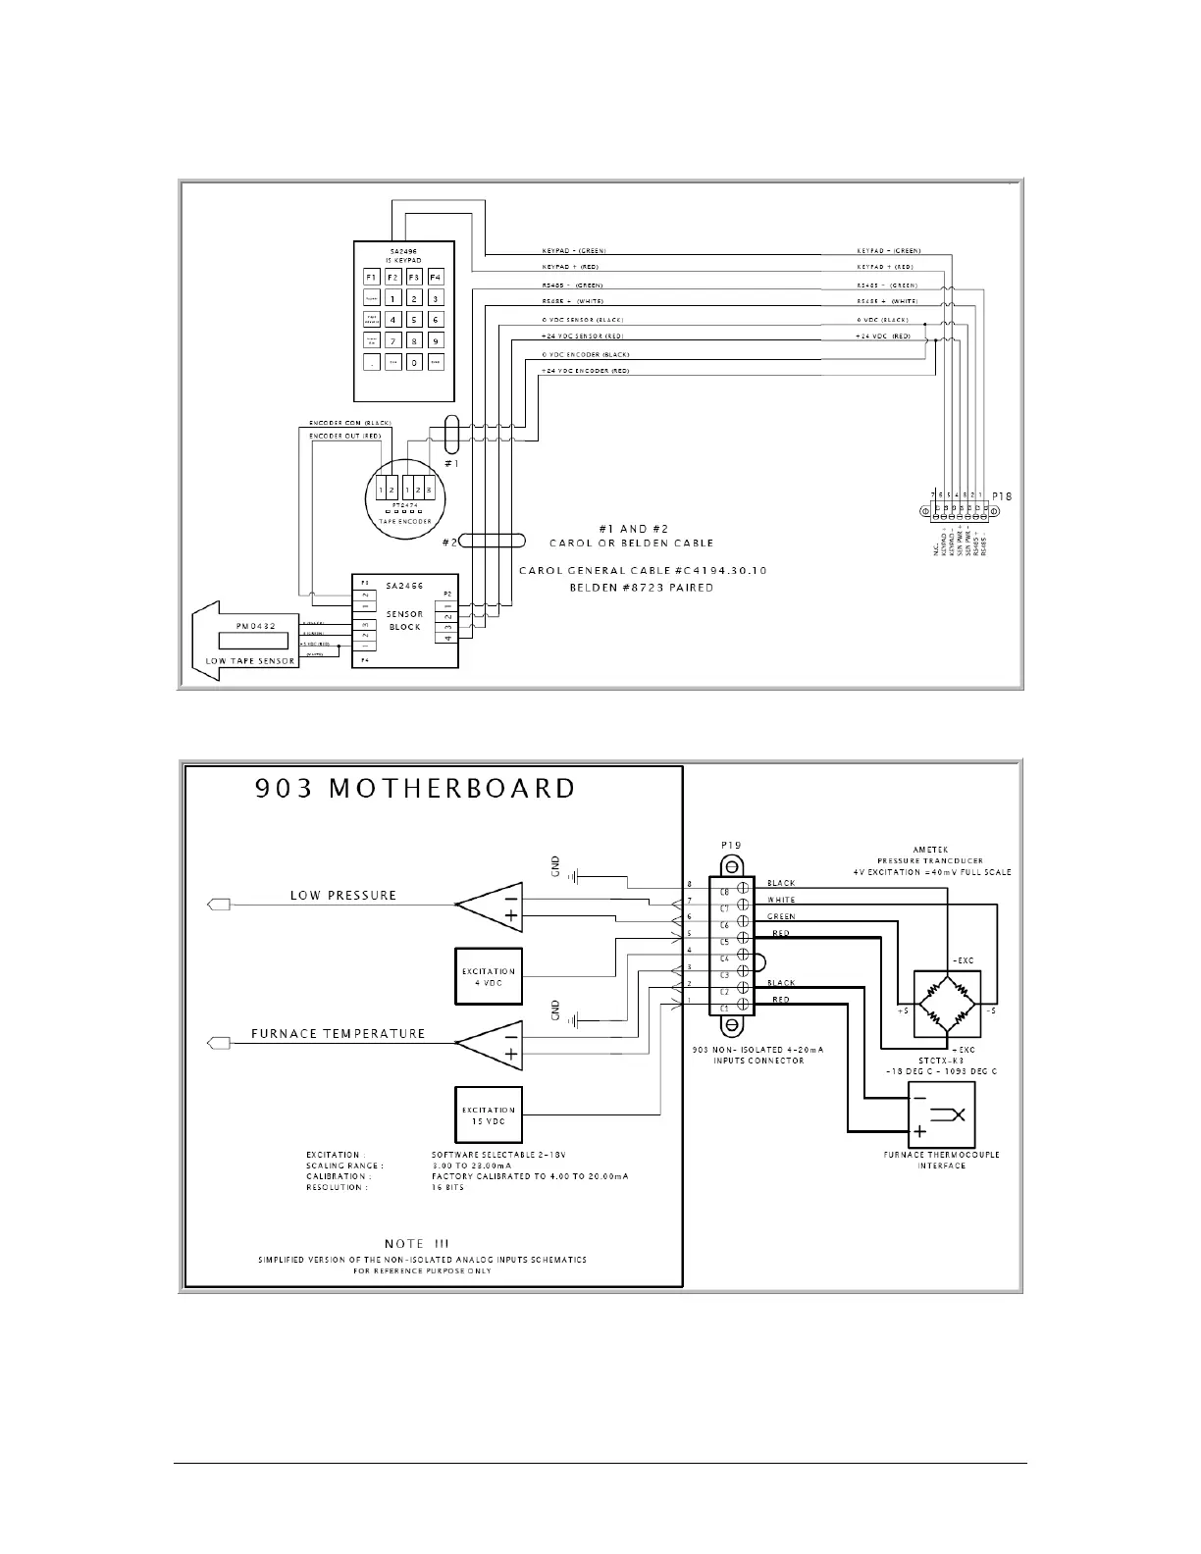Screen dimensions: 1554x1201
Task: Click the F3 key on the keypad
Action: (x=414, y=278)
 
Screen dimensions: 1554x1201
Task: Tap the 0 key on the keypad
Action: (x=414, y=362)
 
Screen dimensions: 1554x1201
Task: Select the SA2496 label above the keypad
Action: (x=403, y=251)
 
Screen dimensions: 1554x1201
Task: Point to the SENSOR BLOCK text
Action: (x=405, y=621)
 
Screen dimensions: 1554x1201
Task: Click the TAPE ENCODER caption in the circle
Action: (x=404, y=522)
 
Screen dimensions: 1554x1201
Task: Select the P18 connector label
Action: (x=1001, y=496)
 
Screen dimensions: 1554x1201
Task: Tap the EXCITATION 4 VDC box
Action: (x=489, y=977)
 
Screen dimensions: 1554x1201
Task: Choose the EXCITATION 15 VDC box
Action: (x=489, y=1115)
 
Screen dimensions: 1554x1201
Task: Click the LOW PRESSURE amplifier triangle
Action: (x=490, y=906)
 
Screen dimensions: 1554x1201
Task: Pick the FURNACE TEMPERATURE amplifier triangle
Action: (x=490, y=1046)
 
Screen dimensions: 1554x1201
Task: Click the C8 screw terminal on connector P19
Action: (x=745, y=892)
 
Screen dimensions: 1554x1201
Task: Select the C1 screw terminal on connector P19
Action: (x=745, y=1008)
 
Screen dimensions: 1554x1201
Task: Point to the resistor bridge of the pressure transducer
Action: (x=947, y=1004)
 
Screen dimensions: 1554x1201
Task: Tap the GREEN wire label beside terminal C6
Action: (x=781, y=917)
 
